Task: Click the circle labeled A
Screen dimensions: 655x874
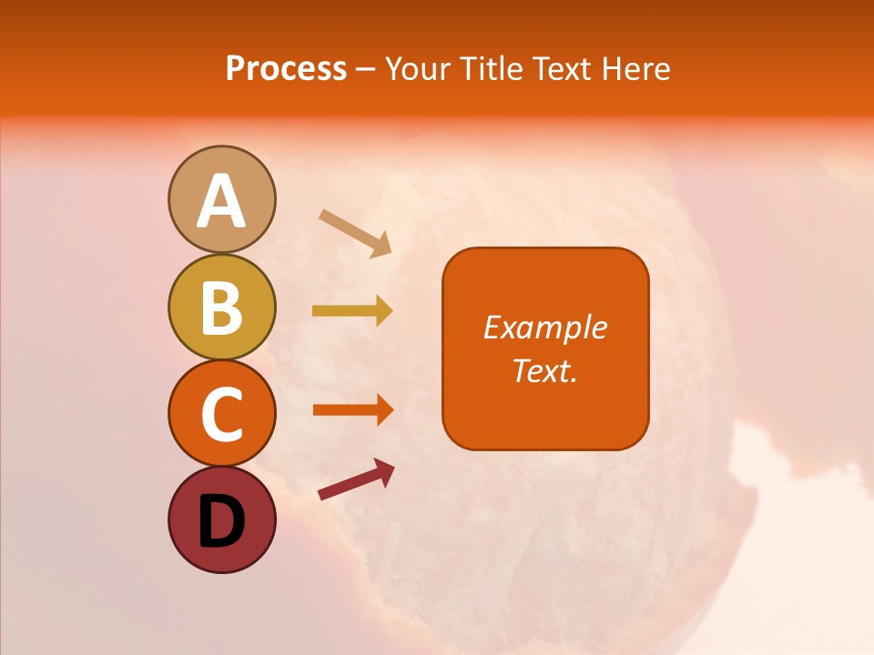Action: pos(221,199)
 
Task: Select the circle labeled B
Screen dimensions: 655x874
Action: pos(221,307)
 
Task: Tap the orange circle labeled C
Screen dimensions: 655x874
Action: pos(221,413)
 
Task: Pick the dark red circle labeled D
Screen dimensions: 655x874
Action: pos(221,519)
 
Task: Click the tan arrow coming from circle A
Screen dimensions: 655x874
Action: pos(354,232)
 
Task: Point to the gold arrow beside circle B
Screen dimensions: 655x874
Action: pos(351,310)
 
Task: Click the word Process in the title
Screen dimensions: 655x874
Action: pos(286,68)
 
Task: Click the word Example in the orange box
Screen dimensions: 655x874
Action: pos(544,327)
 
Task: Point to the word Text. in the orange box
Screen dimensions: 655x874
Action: pos(544,370)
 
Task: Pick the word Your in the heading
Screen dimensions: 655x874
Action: pos(420,68)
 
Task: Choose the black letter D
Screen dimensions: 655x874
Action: pos(221,521)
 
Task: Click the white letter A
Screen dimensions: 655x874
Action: pos(221,201)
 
